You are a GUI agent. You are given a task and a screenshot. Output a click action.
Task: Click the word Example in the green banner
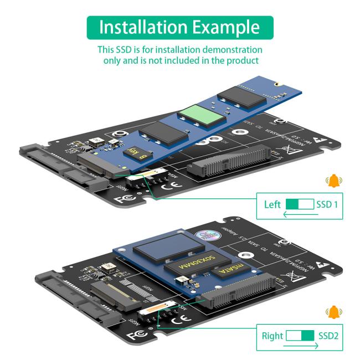227,27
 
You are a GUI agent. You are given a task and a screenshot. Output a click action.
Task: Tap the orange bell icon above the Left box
333,181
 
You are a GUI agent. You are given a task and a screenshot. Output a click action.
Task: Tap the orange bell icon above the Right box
333,313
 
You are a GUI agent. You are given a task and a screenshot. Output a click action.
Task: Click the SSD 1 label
326,204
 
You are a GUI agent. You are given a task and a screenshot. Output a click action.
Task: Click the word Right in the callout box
272,336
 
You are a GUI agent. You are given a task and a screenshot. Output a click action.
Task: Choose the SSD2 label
328,336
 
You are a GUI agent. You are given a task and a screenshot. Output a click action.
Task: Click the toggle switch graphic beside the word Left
300,204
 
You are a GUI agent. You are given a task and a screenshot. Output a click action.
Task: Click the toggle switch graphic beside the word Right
300,336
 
